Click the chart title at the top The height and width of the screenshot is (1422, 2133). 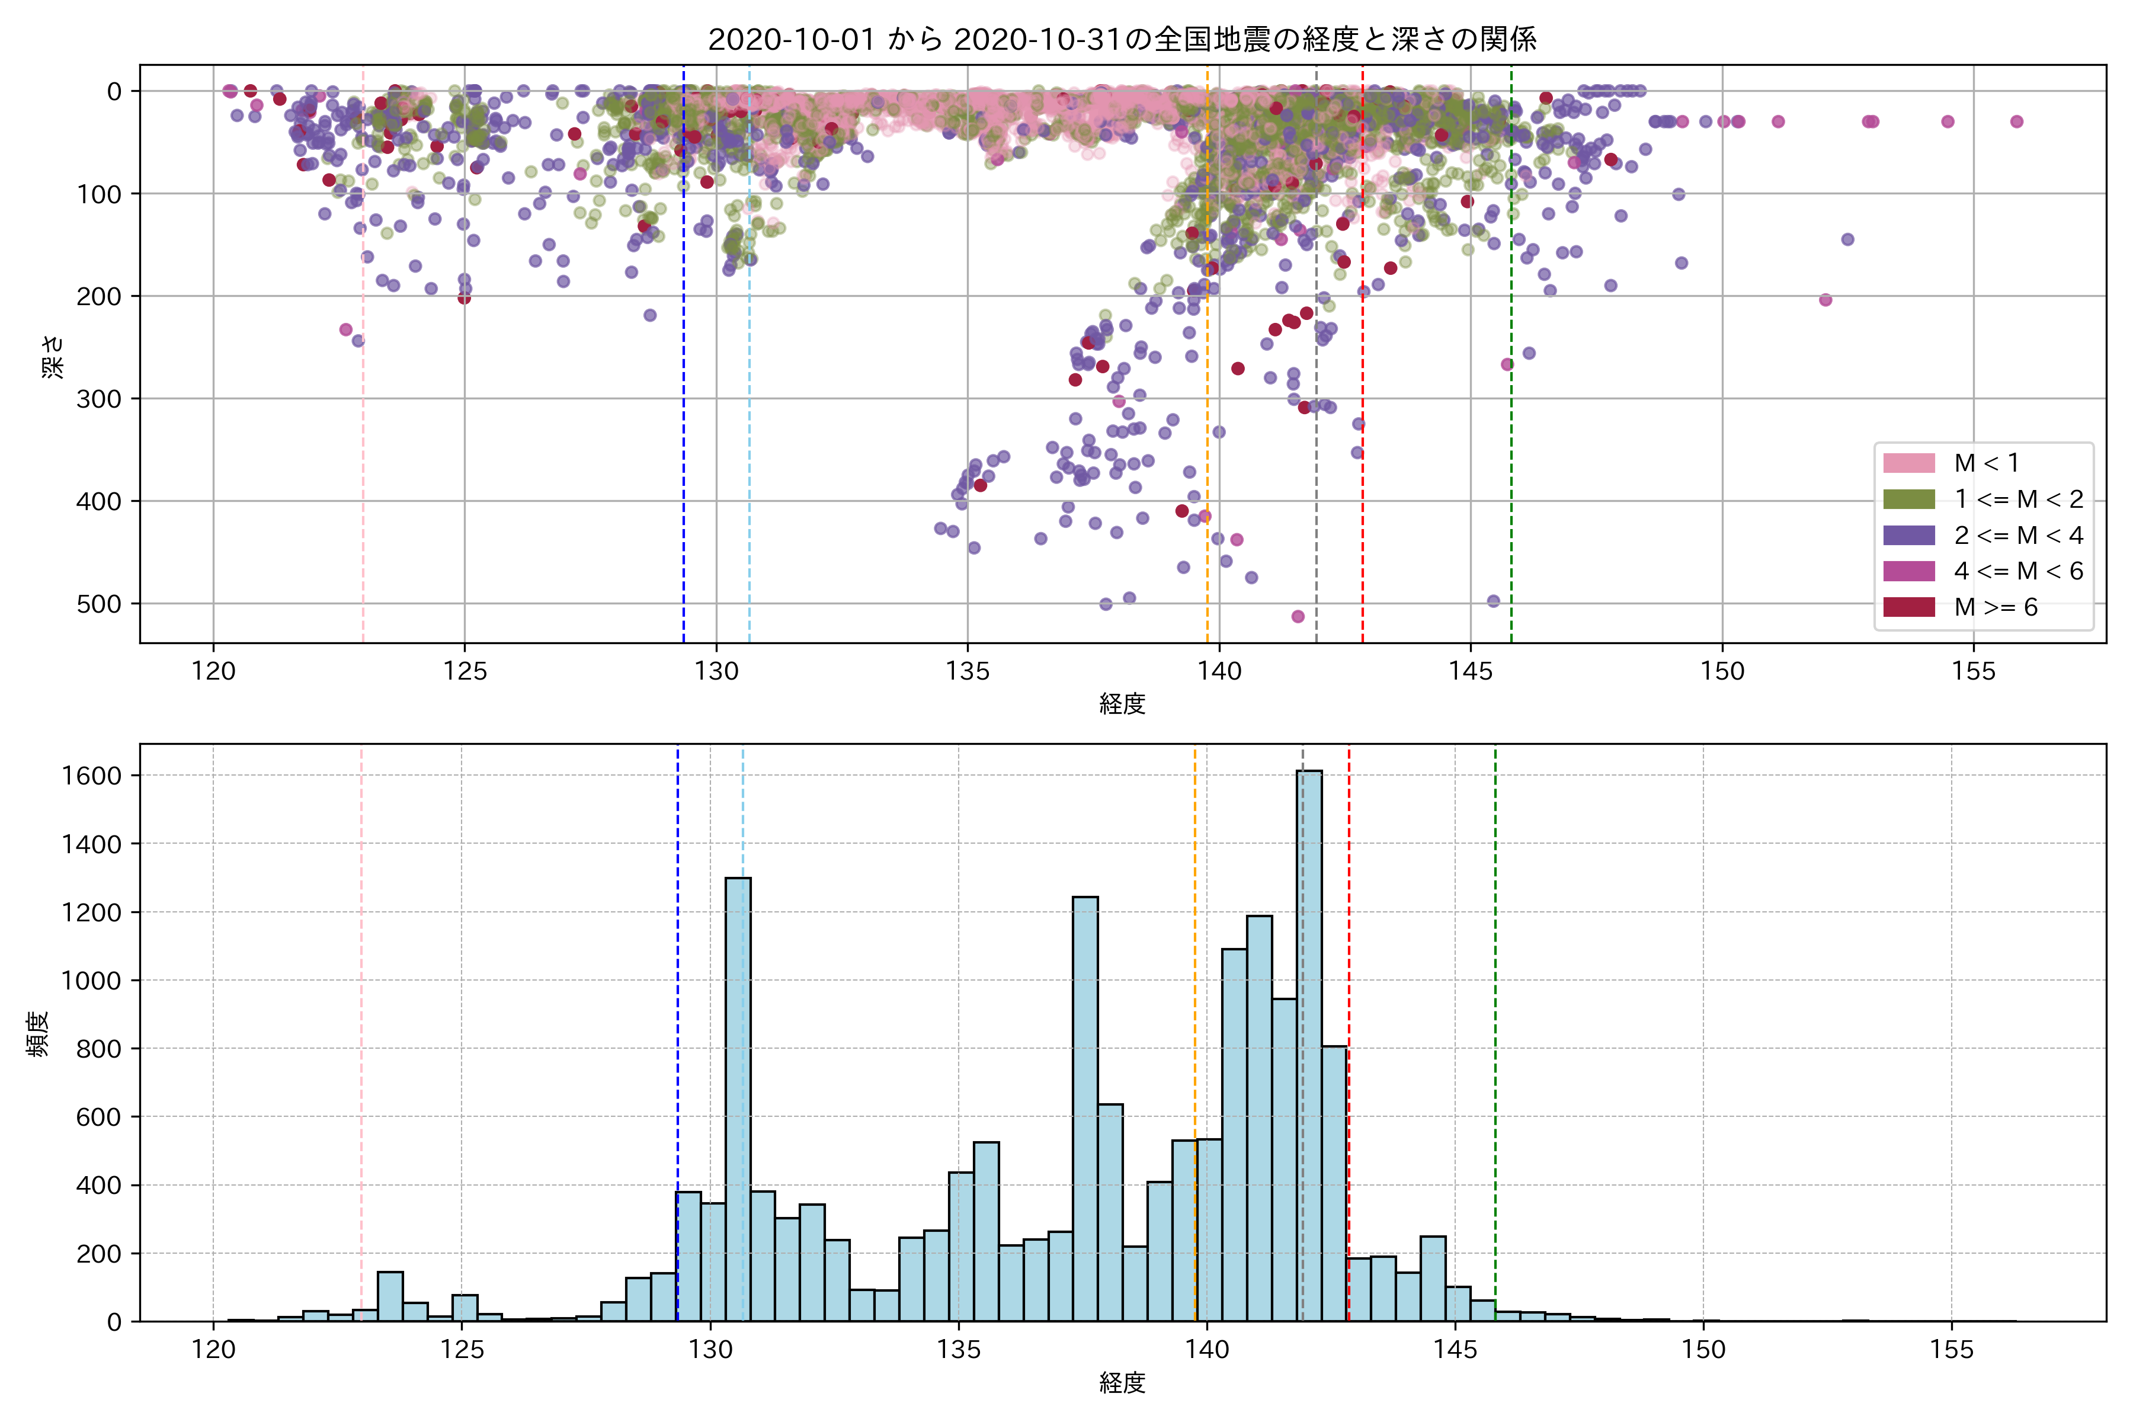pos(1122,39)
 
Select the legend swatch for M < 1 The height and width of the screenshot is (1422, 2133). pos(1909,463)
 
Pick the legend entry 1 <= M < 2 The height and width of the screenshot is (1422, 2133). pos(2018,499)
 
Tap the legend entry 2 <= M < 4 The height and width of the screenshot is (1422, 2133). pos(2018,535)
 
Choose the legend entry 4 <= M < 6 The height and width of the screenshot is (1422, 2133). pos(2018,571)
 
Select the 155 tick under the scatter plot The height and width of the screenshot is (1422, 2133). pos(1974,672)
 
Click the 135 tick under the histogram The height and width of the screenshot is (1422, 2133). pos(959,1350)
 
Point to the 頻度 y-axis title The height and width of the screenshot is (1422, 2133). pos(38,1034)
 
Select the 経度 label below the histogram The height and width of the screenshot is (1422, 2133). pos(1122,1383)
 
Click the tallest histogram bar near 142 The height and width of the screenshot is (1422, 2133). pos(1309,1043)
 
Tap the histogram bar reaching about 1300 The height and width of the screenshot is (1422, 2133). pos(738,1097)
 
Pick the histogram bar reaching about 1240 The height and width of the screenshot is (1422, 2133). pos(1085,1106)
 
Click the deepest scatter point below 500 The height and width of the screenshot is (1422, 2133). pos(1298,617)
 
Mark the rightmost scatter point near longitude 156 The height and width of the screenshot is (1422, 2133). pos(2016,121)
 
